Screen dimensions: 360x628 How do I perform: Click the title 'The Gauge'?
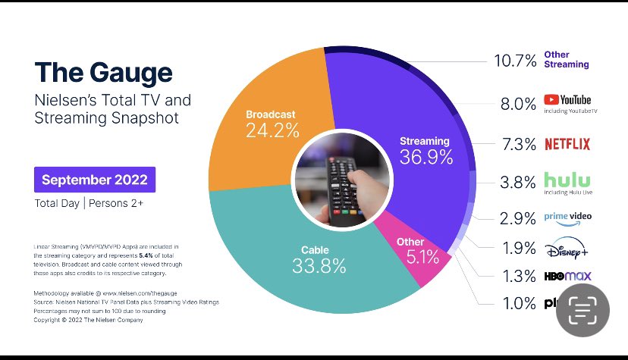[103, 72]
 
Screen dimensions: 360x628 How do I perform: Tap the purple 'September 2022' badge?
[95, 180]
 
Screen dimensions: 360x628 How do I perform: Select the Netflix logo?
[567, 143]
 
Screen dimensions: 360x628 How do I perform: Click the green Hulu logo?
[567, 180]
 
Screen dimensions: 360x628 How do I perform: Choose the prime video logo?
[567, 216]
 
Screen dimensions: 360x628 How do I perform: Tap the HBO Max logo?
[567, 276]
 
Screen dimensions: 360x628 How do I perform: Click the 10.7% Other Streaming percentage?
[516, 60]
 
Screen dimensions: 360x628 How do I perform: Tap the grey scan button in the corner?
[583, 311]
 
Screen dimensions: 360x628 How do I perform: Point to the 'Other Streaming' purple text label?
[567, 60]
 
